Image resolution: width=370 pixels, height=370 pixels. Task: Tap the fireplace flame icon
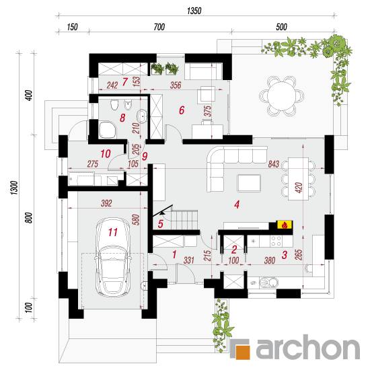point(285,225)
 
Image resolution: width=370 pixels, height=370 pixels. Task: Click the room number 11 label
point(113,232)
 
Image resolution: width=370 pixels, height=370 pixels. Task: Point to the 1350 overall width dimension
point(194,11)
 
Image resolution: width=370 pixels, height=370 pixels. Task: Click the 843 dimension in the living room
point(274,163)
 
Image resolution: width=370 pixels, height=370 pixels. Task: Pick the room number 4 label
point(237,205)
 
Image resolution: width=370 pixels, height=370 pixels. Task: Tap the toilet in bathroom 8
point(114,104)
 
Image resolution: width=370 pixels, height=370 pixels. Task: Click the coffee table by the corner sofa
point(249,183)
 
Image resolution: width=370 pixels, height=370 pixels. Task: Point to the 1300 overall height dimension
point(14,188)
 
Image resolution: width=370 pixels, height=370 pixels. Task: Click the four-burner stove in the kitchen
point(276,241)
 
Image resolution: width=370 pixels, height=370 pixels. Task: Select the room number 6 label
point(182,110)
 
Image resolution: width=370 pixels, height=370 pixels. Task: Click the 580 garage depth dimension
point(137,219)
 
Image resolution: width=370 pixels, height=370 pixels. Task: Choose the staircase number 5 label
point(161,224)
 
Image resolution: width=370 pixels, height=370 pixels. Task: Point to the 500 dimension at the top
point(281,27)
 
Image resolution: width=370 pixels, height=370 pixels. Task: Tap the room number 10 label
point(105,154)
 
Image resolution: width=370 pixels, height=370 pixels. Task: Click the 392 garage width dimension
point(106,203)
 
